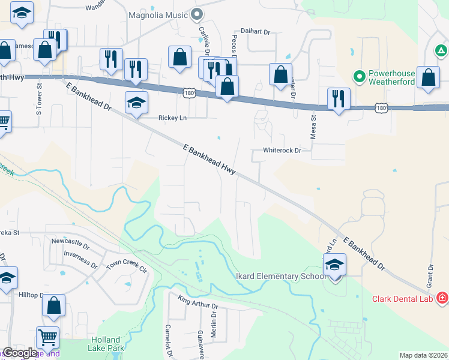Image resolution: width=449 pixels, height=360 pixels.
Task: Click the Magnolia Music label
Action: coord(158,14)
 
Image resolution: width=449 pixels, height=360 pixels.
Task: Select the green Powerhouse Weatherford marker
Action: coord(359,76)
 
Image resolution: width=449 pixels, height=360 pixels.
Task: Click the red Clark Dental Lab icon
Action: coord(442,298)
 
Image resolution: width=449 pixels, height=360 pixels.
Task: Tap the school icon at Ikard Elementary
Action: coord(334,265)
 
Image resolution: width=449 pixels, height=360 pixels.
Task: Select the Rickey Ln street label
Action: coord(172,118)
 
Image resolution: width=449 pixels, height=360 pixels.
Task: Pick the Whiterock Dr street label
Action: coord(282,151)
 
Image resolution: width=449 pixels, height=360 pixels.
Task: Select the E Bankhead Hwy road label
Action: coord(209,159)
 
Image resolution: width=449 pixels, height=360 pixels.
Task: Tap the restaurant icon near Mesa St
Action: coord(339,99)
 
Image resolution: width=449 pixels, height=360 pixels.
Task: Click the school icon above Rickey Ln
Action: coord(136,103)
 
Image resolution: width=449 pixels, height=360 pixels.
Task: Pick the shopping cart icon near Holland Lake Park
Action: coord(47,337)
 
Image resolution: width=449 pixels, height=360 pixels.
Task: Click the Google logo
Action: coord(20,353)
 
